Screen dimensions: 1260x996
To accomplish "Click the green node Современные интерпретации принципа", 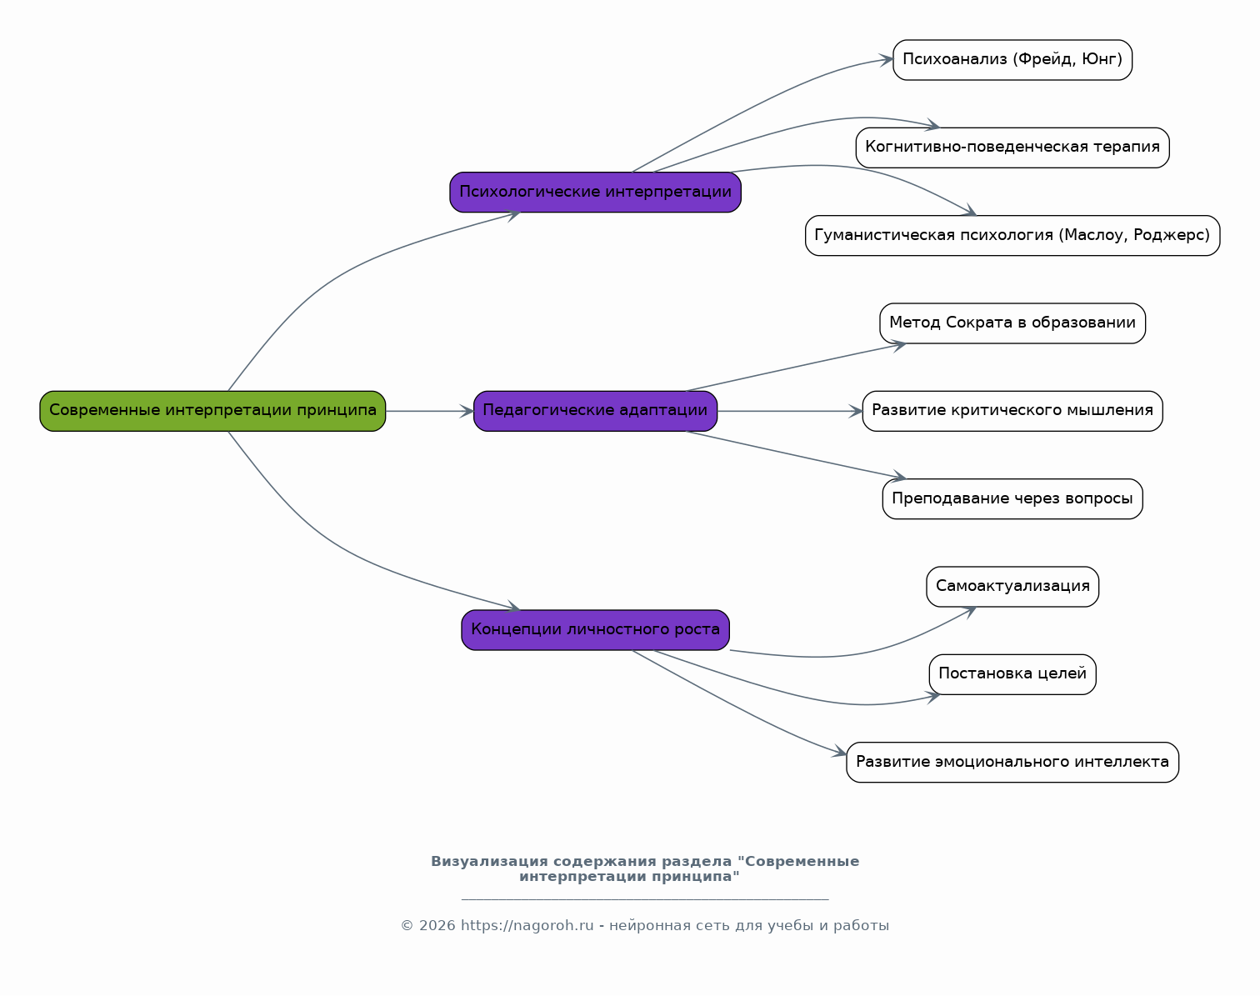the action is click(212, 411).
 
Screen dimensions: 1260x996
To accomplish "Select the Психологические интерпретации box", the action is click(596, 192).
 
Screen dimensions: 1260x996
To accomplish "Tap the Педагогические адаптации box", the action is click(596, 411).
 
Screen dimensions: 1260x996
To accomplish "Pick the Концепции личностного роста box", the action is click(596, 630).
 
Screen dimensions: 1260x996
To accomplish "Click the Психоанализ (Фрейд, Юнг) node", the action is click(1012, 60).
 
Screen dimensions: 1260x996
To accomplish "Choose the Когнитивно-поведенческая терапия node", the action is click(1012, 148).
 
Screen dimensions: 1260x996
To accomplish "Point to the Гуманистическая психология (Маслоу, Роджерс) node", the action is click(1012, 235).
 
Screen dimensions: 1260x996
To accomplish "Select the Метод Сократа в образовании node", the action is click(1012, 323).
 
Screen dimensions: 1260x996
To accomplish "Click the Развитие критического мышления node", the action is click(1012, 411).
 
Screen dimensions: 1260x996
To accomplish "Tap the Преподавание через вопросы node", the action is click(1012, 499).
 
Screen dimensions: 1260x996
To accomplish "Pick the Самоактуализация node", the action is click(1012, 587).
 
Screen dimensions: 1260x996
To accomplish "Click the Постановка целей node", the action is click(1012, 674).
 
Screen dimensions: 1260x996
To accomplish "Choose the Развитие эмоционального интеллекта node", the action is click(1012, 763).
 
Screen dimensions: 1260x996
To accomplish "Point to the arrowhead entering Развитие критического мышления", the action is click(856, 411).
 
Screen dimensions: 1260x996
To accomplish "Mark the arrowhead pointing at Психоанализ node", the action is click(887, 60).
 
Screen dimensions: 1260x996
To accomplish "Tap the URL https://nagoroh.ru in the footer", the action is click(527, 926).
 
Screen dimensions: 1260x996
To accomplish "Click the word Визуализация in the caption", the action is click(489, 861).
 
